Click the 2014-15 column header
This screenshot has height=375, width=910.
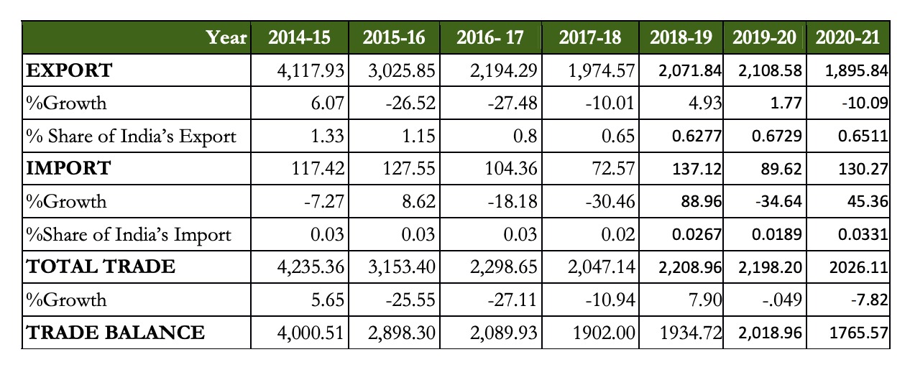[300, 38]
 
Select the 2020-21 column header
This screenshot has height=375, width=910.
[847, 38]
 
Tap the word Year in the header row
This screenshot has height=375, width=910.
[226, 38]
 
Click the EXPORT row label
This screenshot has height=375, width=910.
[69, 70]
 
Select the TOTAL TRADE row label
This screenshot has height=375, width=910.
[101, 267]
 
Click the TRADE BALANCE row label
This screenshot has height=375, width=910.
[115, 332]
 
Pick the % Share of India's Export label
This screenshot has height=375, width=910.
[131, 136]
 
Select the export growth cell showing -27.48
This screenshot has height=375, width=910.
[513, 103]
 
